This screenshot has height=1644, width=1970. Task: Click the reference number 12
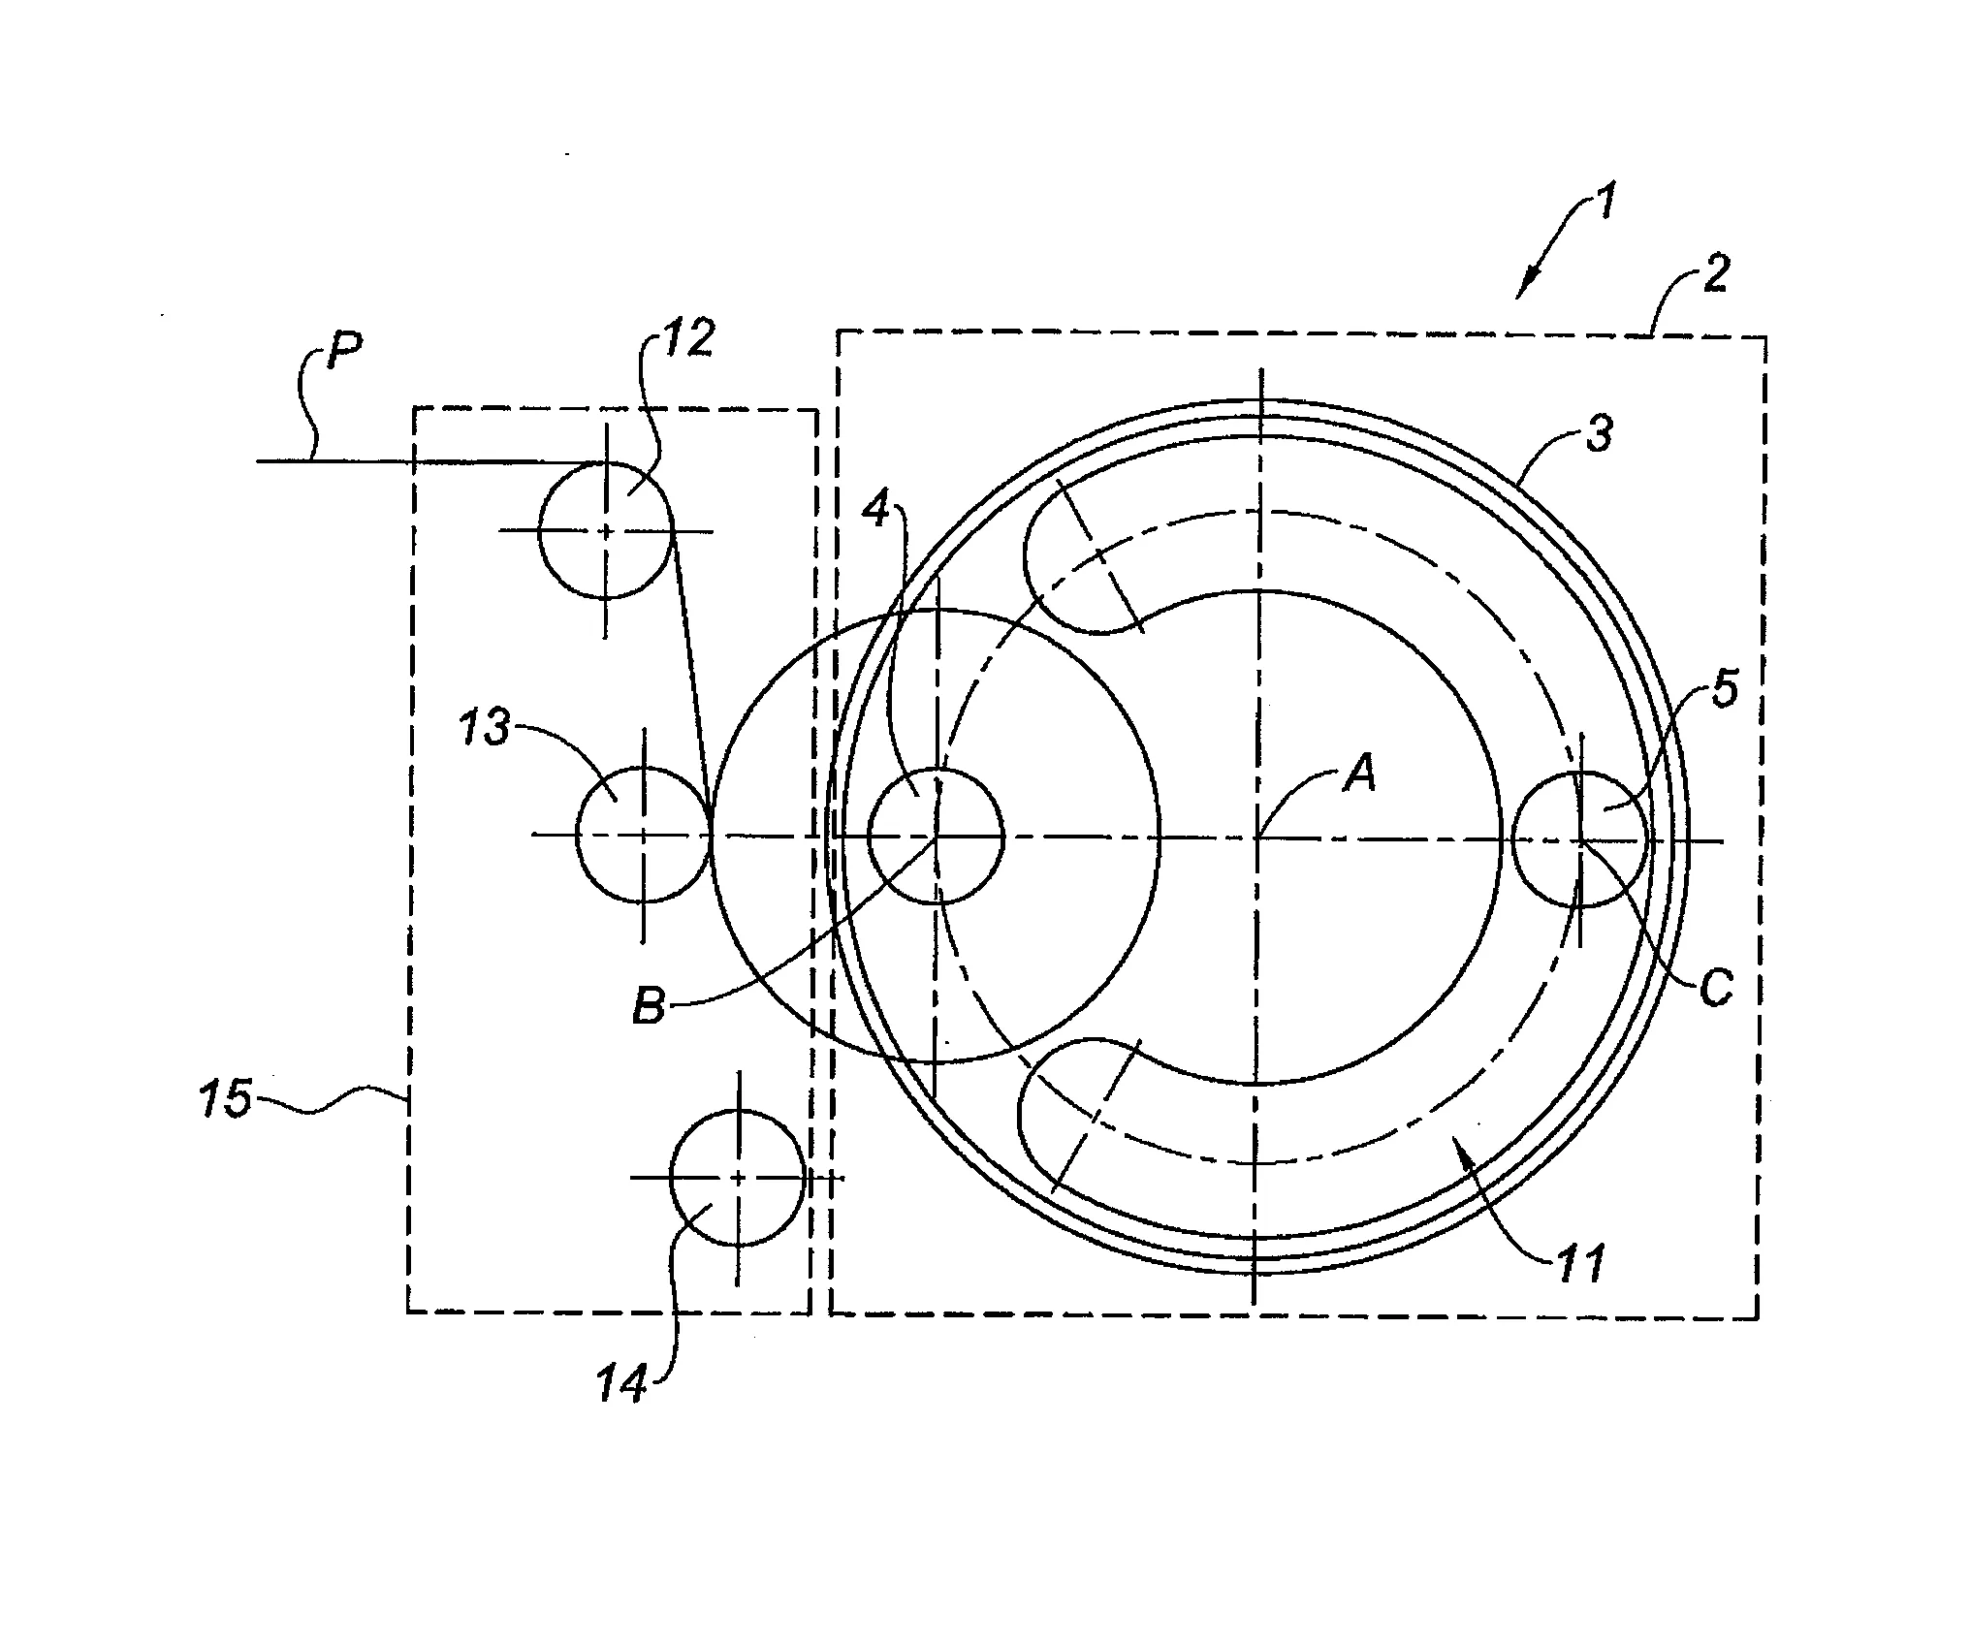(x=689, y=338)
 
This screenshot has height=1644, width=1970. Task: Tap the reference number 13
(x=485, y=726)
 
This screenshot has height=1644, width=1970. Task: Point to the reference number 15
(x=225, y=1099)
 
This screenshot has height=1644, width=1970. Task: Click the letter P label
(x=345, y=351)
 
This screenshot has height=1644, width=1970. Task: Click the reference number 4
(x=876, y=510)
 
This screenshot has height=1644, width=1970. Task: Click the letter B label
(x=650, y=1005)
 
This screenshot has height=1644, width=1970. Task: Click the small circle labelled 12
(x=606, y=530)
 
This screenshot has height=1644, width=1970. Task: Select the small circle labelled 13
(x=644, y=834)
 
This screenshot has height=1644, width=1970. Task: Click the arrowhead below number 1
(x=1525, y=287)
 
